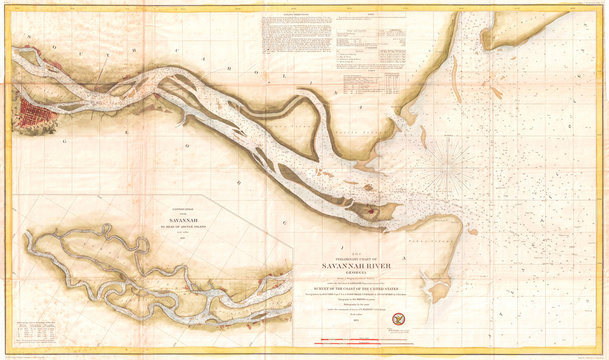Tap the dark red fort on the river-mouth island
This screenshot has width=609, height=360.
[372, 211]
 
